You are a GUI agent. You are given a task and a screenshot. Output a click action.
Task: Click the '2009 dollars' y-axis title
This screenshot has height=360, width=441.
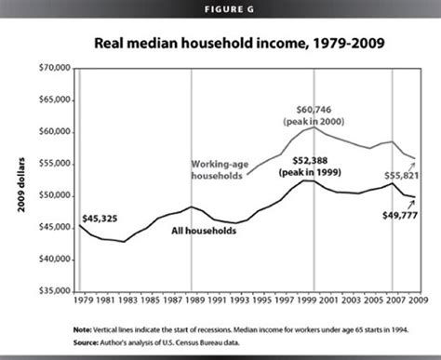click(x=20, y=180)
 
